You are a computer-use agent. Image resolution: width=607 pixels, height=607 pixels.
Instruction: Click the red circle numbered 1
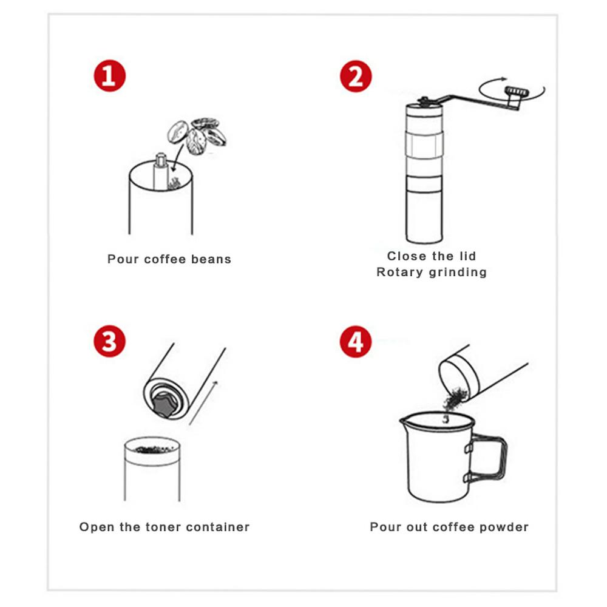point(109,75)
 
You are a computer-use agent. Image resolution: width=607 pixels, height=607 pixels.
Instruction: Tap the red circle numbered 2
point(356,76)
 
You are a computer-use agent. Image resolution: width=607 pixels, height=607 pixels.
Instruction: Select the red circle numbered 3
point(109,341)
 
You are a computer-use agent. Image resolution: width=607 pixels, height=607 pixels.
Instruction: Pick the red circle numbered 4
point(356,342)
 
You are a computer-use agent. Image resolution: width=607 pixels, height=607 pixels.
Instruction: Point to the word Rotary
point(399,273)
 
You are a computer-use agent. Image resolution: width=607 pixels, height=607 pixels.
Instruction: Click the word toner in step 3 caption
point(163,527)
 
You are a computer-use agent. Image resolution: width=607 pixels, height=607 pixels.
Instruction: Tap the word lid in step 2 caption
point(467,256)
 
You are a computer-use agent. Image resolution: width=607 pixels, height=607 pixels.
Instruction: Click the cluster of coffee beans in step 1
point(197,135)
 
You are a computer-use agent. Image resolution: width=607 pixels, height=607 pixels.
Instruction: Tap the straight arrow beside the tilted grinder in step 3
point(203,402)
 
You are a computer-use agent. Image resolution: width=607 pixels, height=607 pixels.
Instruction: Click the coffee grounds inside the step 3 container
point(155,449)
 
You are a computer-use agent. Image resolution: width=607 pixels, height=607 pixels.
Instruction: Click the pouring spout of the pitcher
point(404,419)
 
